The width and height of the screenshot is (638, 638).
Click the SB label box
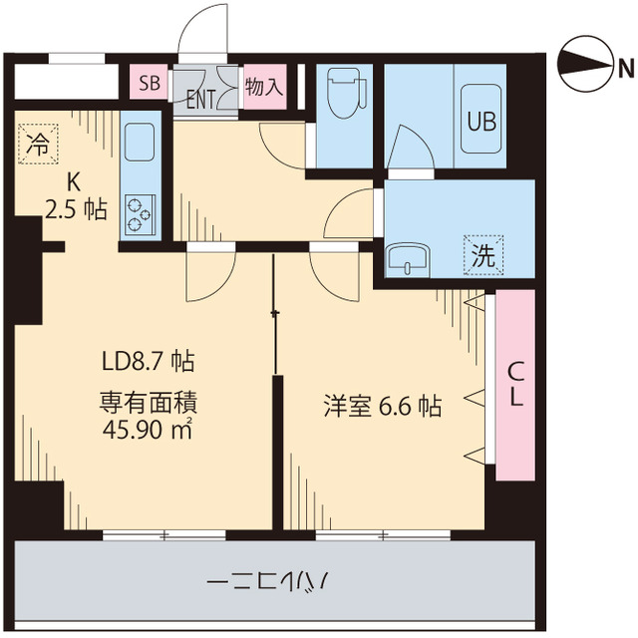(150, 83)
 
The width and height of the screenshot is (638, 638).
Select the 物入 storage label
(263, 86)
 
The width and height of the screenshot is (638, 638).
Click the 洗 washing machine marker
(482, 254)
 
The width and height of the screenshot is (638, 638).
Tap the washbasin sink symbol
(408, 258)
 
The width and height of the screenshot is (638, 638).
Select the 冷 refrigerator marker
(39, 144)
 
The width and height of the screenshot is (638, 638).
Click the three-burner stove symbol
(140, 212)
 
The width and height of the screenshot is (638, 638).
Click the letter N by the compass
(625, 68)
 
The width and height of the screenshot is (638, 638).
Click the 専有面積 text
(148, 405)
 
